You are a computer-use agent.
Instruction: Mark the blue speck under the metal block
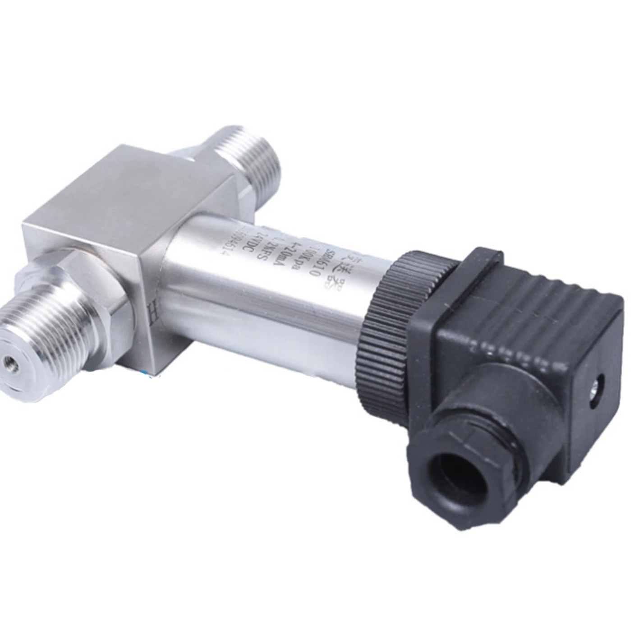pos(149,372)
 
